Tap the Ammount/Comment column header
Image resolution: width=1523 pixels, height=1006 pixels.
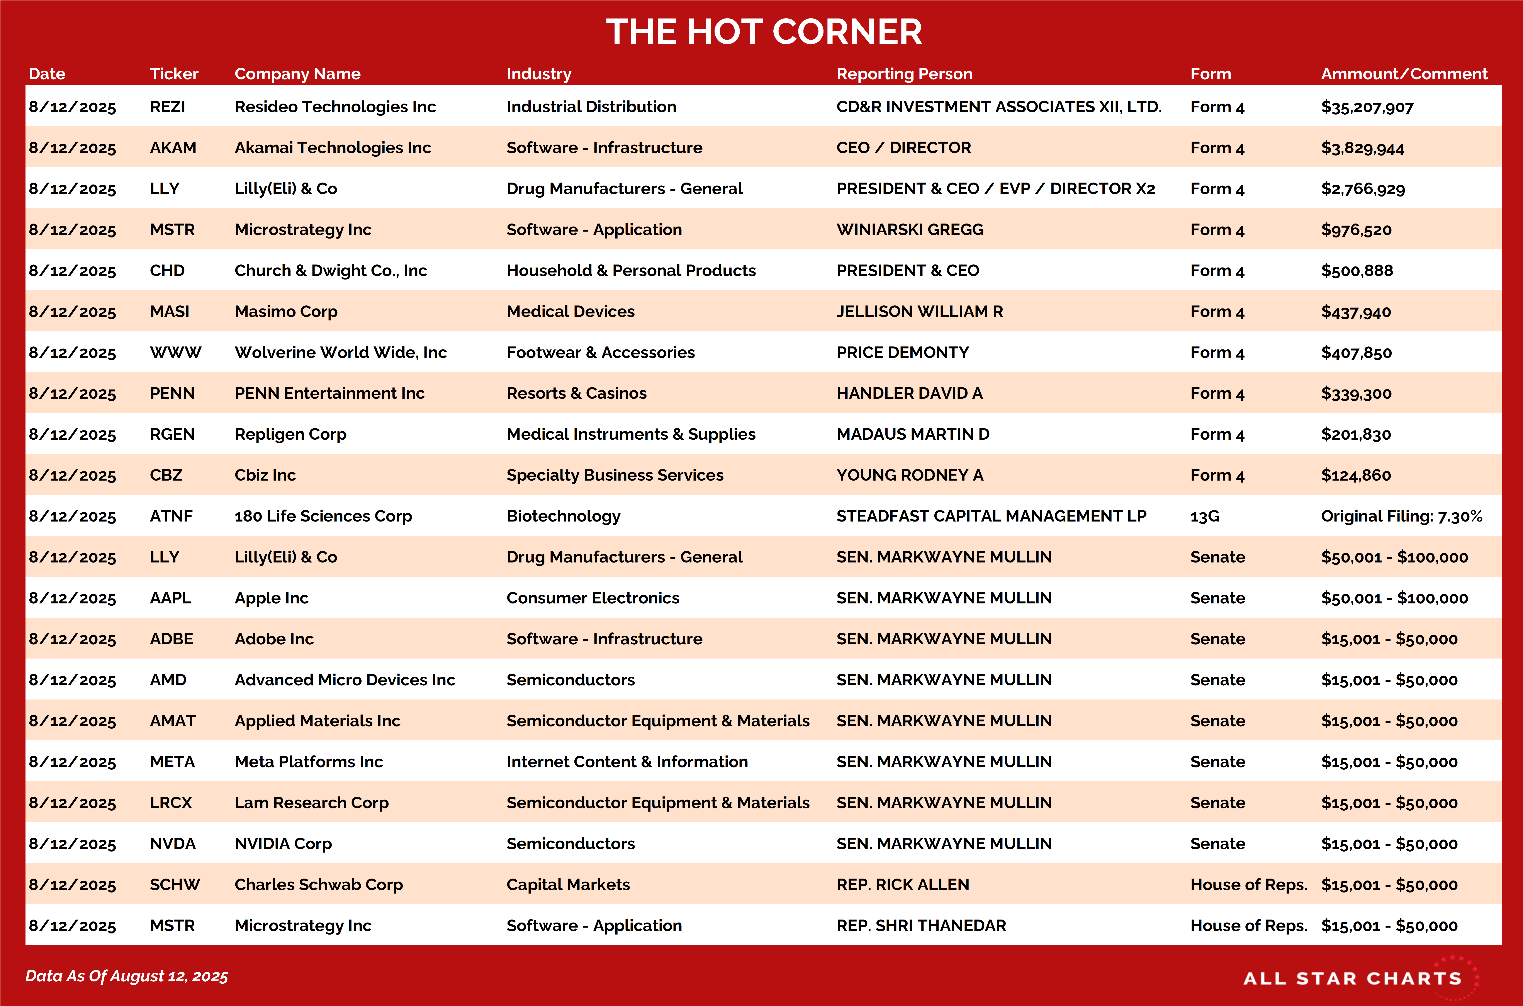1404,74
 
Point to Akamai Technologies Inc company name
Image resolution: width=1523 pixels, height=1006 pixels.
333,147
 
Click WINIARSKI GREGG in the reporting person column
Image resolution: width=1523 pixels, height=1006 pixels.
909,230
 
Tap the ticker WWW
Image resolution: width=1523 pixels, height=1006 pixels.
175,352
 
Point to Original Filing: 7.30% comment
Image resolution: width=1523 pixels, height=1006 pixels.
1401,517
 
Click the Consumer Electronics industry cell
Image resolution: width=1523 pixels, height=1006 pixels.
592,598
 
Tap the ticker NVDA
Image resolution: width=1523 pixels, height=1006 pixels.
173,844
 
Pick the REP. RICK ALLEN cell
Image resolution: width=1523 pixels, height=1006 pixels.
902,885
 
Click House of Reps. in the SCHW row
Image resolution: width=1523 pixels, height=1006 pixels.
1248,885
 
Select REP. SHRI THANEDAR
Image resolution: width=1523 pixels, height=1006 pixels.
921,926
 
